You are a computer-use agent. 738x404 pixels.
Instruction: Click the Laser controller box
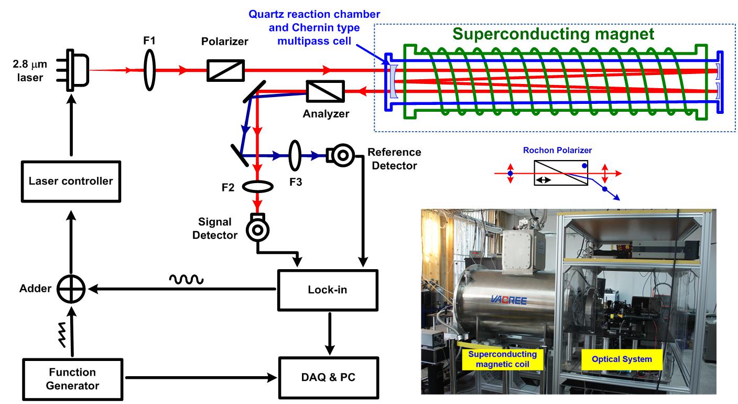(x=71, y=181)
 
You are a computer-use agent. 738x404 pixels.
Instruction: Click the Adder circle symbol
(x=71, y=288)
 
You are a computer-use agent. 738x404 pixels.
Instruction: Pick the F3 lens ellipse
(x=296, y=155)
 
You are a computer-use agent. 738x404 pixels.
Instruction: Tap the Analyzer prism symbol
(x=325, y=92)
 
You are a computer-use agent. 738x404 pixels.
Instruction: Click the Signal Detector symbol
(x=257, y=230)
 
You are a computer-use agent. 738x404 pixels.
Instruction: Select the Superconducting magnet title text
(x=553, y=35)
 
